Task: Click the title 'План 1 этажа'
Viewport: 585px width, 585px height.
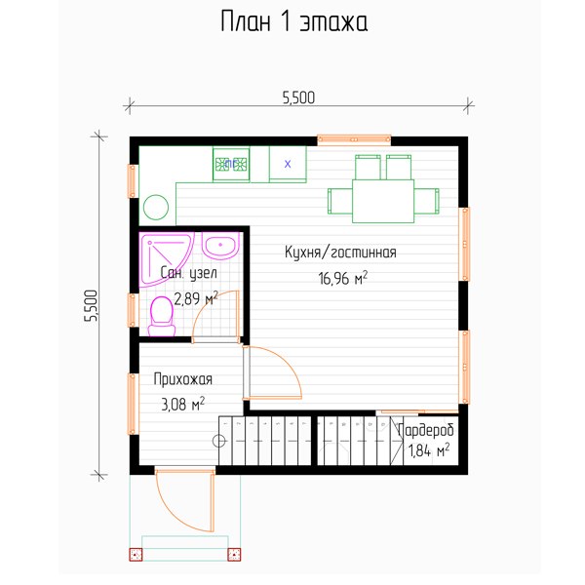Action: click(294, 21)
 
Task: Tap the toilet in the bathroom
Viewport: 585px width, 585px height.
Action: click(162, 316)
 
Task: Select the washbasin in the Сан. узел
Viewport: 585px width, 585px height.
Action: click(220, 246)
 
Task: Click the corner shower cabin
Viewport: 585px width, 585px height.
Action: click(164, 257)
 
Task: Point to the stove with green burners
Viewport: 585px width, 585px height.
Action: click(231, 164)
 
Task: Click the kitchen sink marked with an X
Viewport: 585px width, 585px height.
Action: click(288, 164)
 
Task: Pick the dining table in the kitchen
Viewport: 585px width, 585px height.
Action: click(383, 201)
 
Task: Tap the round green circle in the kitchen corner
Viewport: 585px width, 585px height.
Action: click(156, 207)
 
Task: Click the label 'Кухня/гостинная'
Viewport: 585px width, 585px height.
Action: click(340, 253)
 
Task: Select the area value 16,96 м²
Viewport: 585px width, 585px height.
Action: click(342, 278)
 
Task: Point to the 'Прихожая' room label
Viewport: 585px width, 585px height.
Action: click(183, 379)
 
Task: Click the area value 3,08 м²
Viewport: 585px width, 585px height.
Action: click(183, 404)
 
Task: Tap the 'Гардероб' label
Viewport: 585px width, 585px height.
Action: click(426, 430)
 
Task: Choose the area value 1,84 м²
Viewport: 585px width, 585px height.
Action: click(429, 450)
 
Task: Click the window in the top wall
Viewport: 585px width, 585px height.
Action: click(354, 139)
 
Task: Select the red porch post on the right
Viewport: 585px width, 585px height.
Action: click(234, 554)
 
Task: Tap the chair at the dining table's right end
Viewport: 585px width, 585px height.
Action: click(426, 201)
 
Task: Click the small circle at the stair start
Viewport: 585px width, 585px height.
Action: click(219, 441)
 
